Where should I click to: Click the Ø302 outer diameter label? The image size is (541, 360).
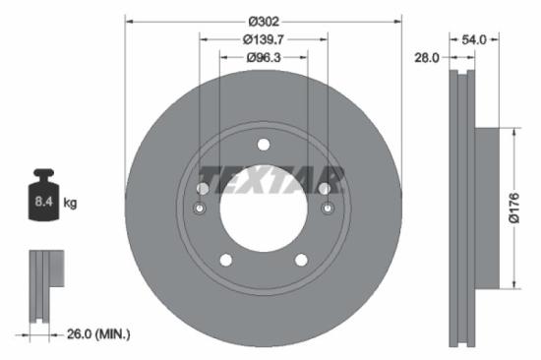pyautogui.click(x=263, y=20)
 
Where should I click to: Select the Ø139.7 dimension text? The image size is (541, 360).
pyautogui.click(x=263, y=39)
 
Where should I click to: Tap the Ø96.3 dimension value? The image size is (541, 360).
pyautogui.click(x=263, y=58)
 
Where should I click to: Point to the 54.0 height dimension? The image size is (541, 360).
pyautogui.click(x=475, y=39)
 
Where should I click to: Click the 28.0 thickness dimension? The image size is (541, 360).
pyautogui.click(x=426, y=58)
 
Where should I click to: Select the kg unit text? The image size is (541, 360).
pyautogui.click(x=70, y=203)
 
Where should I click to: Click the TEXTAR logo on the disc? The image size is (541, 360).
pyautogui.click(x=270, y=180)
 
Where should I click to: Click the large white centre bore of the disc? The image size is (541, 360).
pyautogui.click(x=263, y=211)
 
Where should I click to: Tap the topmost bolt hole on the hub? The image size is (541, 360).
pyautogui.click(x=263, y=147)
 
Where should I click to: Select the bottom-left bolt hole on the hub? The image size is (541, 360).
pyautogui.click(x=225, y=260)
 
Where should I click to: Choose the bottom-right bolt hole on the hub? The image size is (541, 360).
pyautogui.click(x=300, y=260)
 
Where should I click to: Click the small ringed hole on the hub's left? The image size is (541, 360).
pyautogui.click(x=200, y=209)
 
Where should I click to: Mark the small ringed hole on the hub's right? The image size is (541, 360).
pyautogui.click(x=326, y=209)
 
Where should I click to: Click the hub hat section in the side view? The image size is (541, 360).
pyautogui.click(x=493, y=208)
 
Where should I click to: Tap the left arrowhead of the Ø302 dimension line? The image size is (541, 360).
pyautogui.click(x=129, y=20)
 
